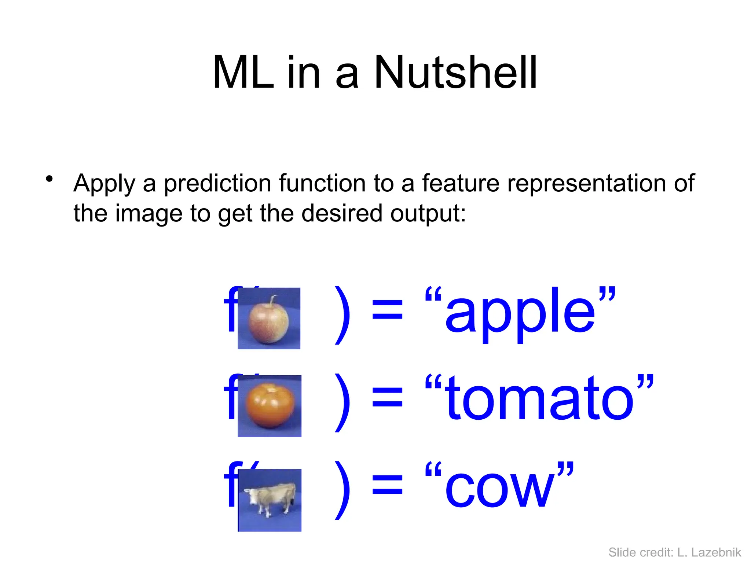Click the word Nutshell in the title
tap(455, 72)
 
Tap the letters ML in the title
tap(243, 72)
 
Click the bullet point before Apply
tap(49, 179)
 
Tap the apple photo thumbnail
tap(269, 318)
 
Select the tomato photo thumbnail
tap(270, 406)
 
